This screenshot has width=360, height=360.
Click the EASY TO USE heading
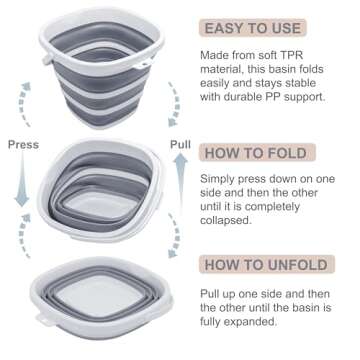(x=261, y=28)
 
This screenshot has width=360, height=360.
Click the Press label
(x=23, y=144)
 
